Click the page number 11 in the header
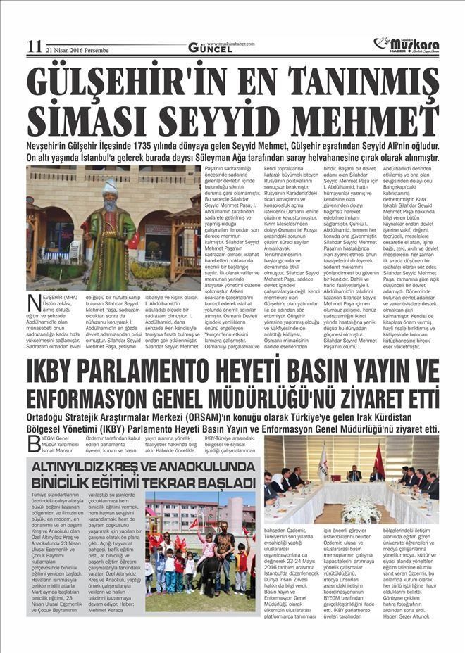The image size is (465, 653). (x=34, y=47)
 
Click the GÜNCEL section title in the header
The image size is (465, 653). (x=209, y=49)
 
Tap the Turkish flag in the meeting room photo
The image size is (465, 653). (x=378, y=461)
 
